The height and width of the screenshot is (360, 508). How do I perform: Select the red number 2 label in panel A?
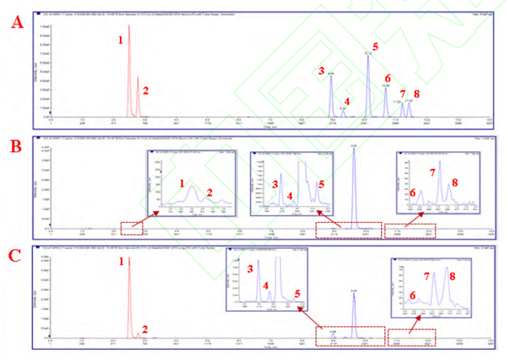tap(145, 91)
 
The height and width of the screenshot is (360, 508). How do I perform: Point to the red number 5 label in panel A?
tap(375, 47)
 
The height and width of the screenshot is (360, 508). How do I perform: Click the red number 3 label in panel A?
tap(320, 70)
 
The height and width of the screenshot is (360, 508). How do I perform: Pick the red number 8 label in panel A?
tap(417, 94)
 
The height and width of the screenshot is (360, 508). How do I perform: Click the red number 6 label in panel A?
tap(388, 78)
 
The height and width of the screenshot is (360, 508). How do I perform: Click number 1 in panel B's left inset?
tap(182, 184)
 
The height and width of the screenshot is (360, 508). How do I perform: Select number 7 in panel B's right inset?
tap(433, 173)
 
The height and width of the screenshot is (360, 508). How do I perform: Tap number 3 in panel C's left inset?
tap(250, 269)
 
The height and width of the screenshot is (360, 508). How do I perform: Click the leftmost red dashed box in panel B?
tap(131, 229)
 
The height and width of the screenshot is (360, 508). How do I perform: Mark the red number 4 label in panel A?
tap(348, 101)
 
